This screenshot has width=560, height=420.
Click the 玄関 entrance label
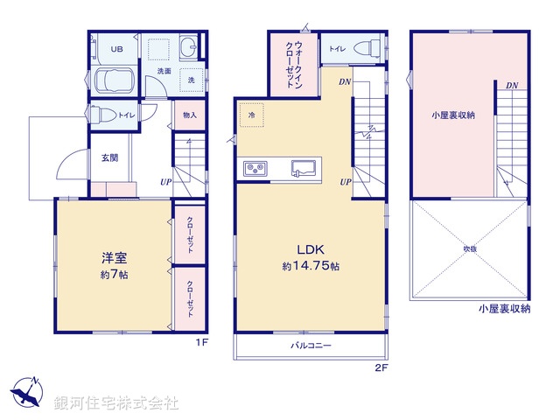pyautogui.click(x=109, y=158)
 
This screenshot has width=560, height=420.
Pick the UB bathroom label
pyautogui.click(x=116, y=49)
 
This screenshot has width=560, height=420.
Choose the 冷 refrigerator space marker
pyautogui.click(x=251, y=115)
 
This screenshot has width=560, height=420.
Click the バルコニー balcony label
pyautogui.click(x=311, y=346)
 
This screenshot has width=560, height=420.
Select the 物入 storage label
pyautogui.click(x=190, y=115)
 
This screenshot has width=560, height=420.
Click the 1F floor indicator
pyautogui.click(x=201, y=344)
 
